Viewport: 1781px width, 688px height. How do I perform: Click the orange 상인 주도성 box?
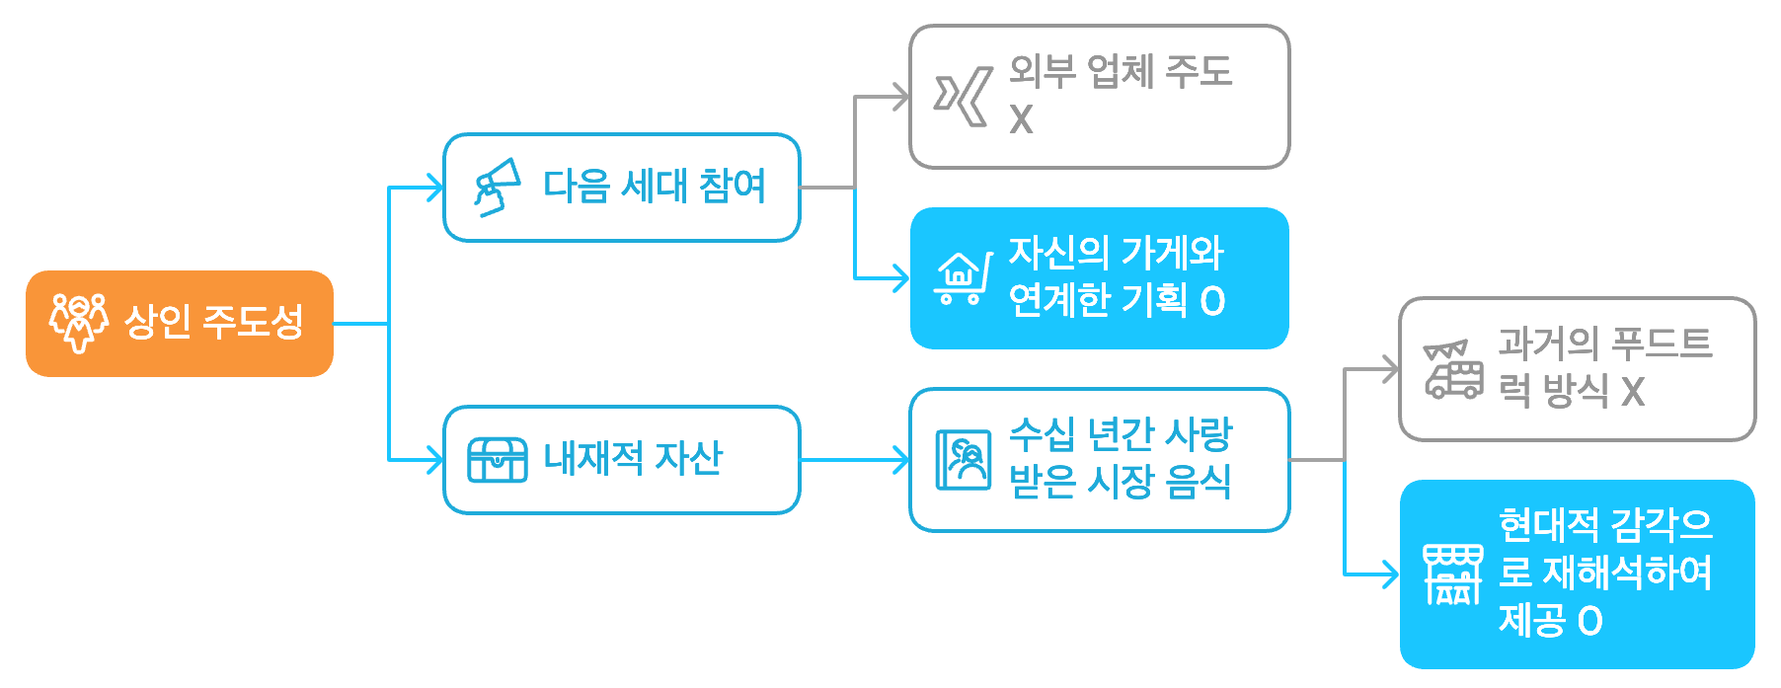coord(179,323)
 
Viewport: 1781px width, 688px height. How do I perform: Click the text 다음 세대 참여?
coord(655,187)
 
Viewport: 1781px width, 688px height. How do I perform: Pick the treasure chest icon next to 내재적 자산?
coord(497,459)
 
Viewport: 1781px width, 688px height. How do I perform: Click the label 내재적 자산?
coord(633,459)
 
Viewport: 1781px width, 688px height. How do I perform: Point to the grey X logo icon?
coord(963,97)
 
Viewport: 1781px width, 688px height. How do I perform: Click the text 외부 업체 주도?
coord(1121,72)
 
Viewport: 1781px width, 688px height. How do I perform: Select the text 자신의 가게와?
coord(1116,254)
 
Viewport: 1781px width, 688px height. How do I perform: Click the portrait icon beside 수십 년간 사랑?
coord(963,460)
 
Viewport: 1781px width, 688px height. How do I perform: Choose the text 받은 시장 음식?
coord(1120,483)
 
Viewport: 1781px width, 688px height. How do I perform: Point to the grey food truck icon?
coord(1452,369)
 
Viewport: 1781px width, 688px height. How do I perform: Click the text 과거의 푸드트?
coord(1605,344)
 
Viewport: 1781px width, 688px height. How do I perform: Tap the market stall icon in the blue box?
coord(1452,573)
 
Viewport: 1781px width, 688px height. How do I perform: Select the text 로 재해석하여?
coord(1605,573)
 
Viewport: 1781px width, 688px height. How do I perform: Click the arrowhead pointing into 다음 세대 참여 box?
coord(433,187)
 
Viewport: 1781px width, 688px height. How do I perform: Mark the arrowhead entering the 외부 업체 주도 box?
coord(900,97)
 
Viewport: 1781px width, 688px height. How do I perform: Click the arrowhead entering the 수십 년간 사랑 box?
coord(900,460)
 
